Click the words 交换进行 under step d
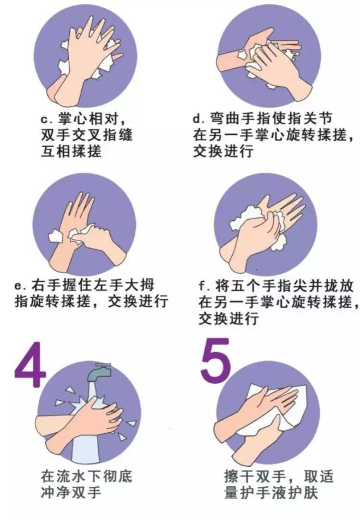click(x=223, y=151)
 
